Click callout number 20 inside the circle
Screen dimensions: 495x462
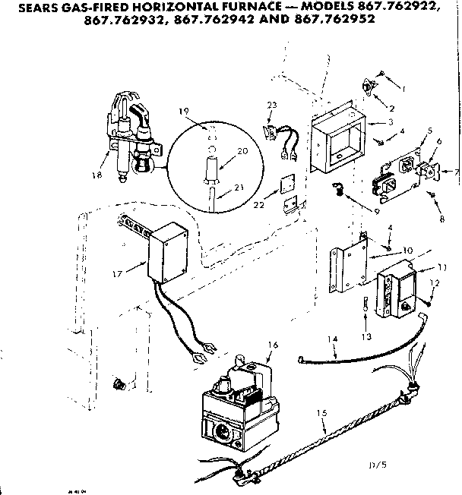coord(242,151)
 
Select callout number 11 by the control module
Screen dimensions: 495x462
coord(443,268)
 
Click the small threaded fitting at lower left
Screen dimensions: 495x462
coord(118,383)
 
